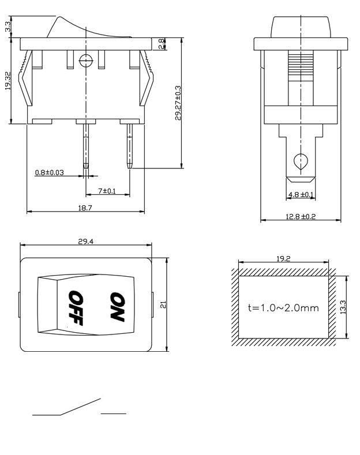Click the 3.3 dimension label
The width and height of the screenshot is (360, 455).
tap(8, 27)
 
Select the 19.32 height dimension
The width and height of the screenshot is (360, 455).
tap(8, 81)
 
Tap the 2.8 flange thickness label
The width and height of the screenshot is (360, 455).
tap(162, 43)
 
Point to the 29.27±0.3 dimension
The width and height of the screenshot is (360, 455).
tap(178, 103)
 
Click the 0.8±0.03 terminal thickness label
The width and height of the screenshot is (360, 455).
tap(50, 172)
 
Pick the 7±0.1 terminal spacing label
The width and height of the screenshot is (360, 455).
tap(107, 191)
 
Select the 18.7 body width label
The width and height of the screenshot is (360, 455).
tap(85, 208)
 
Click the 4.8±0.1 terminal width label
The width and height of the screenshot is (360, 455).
tap(301, 194)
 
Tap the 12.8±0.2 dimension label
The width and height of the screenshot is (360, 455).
tap(301, 216)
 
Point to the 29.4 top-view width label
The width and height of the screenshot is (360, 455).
tap(85, 242)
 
